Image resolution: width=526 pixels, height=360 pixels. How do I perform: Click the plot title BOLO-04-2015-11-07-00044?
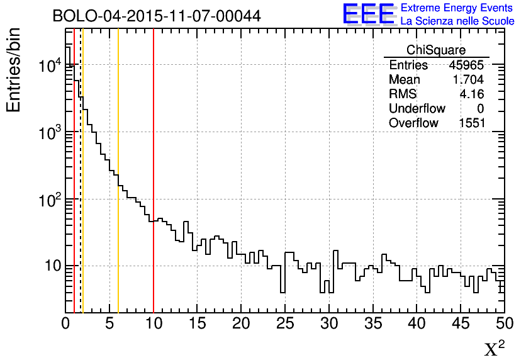157,16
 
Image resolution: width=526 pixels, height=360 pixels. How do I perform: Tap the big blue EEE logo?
369,14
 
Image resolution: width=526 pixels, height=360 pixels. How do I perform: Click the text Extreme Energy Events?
457,8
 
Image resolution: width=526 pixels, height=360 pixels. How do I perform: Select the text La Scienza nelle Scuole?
457,21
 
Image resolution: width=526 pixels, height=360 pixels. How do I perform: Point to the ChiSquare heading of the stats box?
436,50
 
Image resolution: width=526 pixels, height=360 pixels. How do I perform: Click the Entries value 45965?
466,65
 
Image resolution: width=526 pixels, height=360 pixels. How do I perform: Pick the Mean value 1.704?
468,80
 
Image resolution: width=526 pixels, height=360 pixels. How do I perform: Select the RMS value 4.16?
472,94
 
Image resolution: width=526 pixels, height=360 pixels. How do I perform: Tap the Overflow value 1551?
471,123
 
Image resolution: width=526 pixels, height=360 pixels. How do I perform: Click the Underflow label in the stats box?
417,109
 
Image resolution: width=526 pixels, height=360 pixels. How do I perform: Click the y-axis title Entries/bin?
14,69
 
